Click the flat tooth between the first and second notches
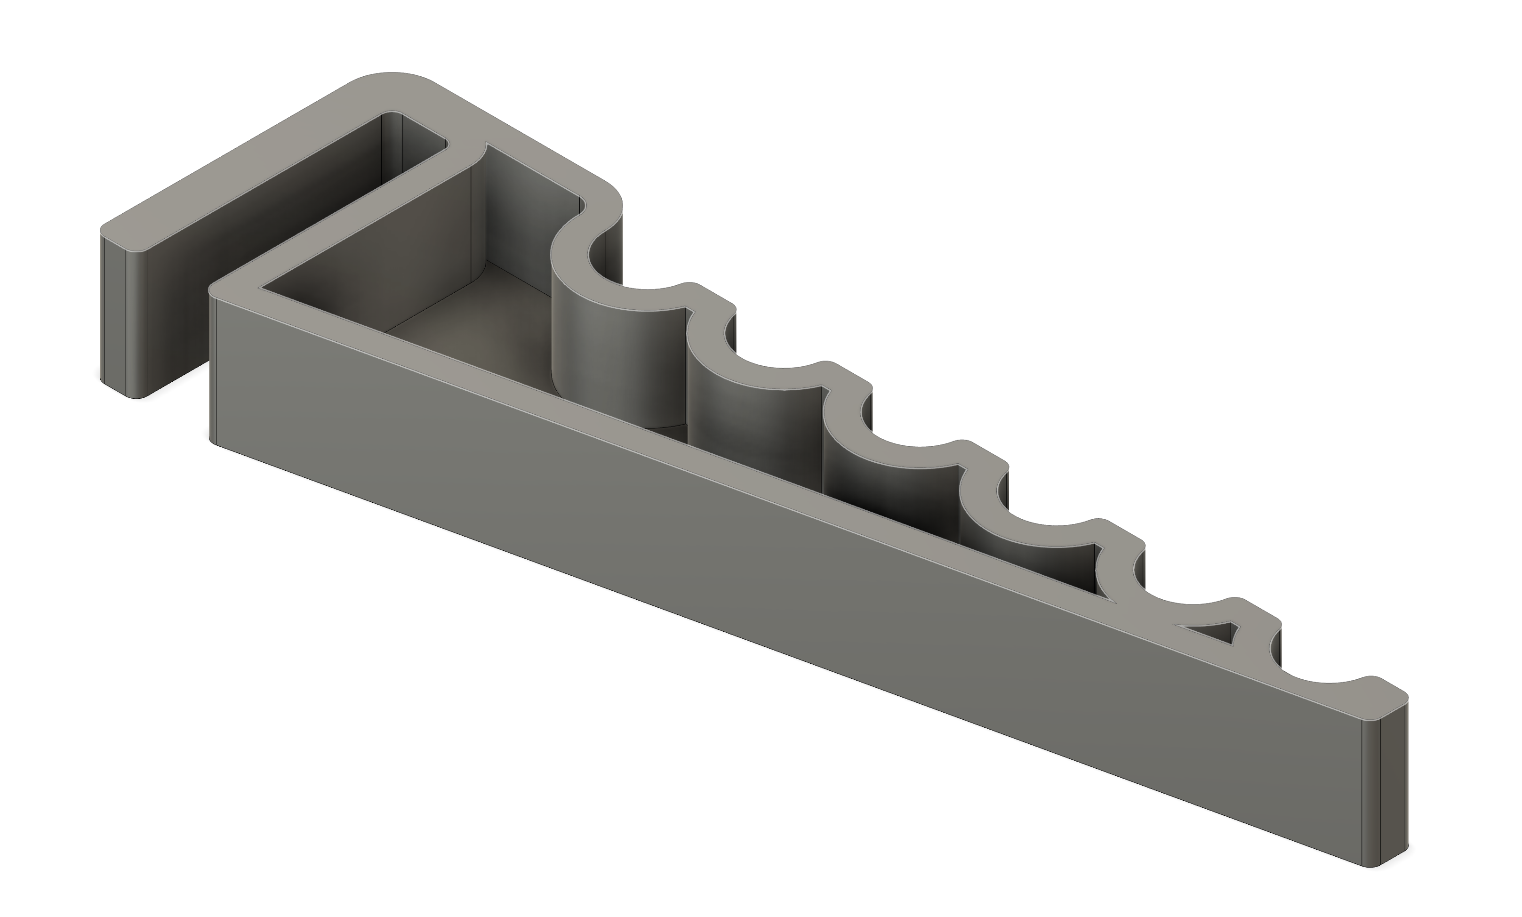click(710, 297)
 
